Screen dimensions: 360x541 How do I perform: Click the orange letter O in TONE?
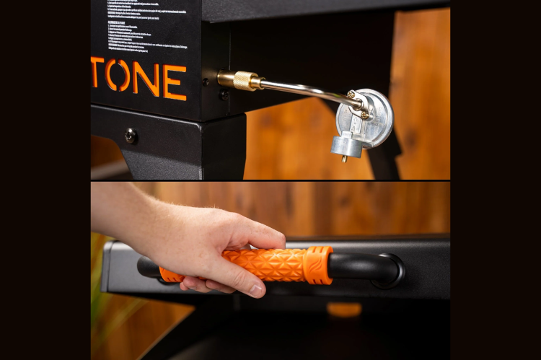pyautogui.click(x=120, y=74)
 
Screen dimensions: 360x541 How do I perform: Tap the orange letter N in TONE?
pyautogui.click(x=146, y=78)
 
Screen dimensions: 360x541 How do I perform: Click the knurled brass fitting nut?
pyautogui.click(x=247, y=81)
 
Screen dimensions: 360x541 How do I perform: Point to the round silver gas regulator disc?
pyautogui.click(x=369, y=118)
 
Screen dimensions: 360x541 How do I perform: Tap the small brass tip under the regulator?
pyautogui.click(x=344, y=158)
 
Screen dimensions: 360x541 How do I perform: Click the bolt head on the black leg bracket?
pyautogui.click(x=130, y=135)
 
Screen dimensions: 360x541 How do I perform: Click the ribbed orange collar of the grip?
pyautogui.click(x=318, y=264)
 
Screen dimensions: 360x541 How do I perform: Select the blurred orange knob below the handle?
pyautogui.click(x=344, y=309)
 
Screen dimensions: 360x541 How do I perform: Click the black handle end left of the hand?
pyautogui.click(x=149, y=268)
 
